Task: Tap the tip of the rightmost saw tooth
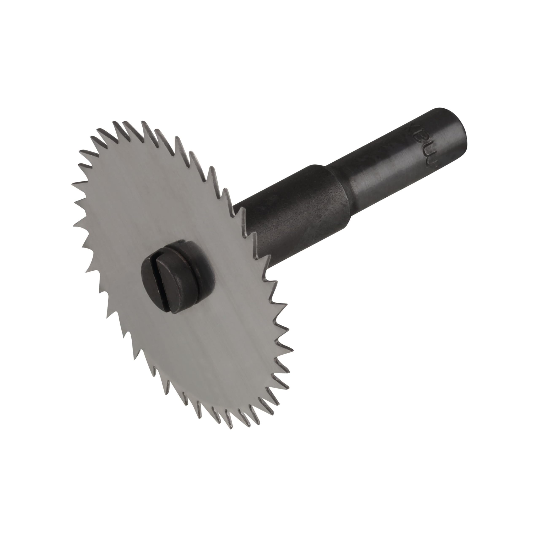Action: (x=293, y=350)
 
